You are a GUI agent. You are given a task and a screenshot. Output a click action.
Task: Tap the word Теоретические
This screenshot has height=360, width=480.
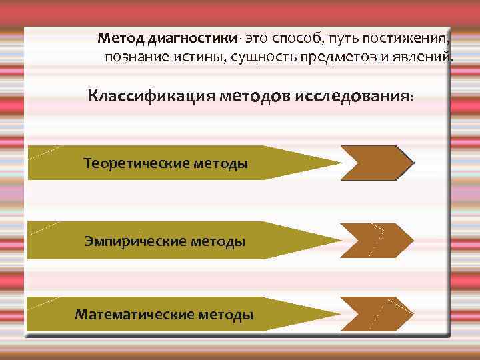[136, 163]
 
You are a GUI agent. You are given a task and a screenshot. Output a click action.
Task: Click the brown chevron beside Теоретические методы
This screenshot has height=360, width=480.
[377, 163]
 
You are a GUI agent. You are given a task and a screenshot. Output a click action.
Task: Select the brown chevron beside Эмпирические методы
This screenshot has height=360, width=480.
[377, 241]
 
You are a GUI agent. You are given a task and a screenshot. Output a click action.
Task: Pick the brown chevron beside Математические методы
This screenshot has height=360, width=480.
[377, 313]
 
